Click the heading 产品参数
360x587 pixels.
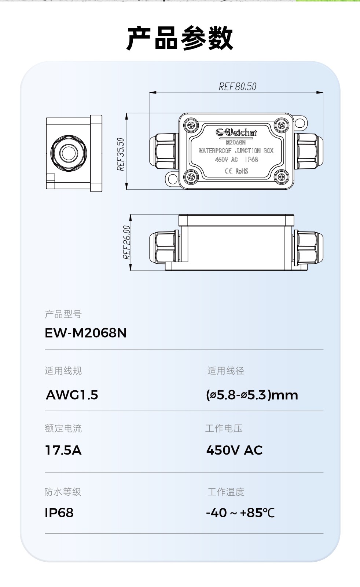pos(180,38)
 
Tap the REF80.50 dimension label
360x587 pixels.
pos(238,87)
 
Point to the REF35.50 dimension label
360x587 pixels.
pos(121,154)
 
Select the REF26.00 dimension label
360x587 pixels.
pos(126,242)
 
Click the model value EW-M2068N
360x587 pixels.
pos(86,333)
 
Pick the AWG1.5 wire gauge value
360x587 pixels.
pos(72,395)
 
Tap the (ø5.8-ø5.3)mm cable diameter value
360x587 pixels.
pos(252,395)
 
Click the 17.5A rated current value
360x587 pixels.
pos(63,450)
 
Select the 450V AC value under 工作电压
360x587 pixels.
pos(235,450)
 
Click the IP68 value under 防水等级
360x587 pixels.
pos(59,513)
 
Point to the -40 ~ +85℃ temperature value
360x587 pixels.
pos(240,513)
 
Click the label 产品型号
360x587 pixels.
pos(63,314)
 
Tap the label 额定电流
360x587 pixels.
pos(63,428)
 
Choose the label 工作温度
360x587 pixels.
pos(226,492)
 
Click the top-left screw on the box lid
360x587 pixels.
pos(191,125)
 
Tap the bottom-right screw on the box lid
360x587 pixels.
pos(281,177)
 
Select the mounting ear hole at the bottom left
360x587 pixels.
pos(172,179)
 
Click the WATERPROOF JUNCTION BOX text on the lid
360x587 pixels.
pos(236,151)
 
